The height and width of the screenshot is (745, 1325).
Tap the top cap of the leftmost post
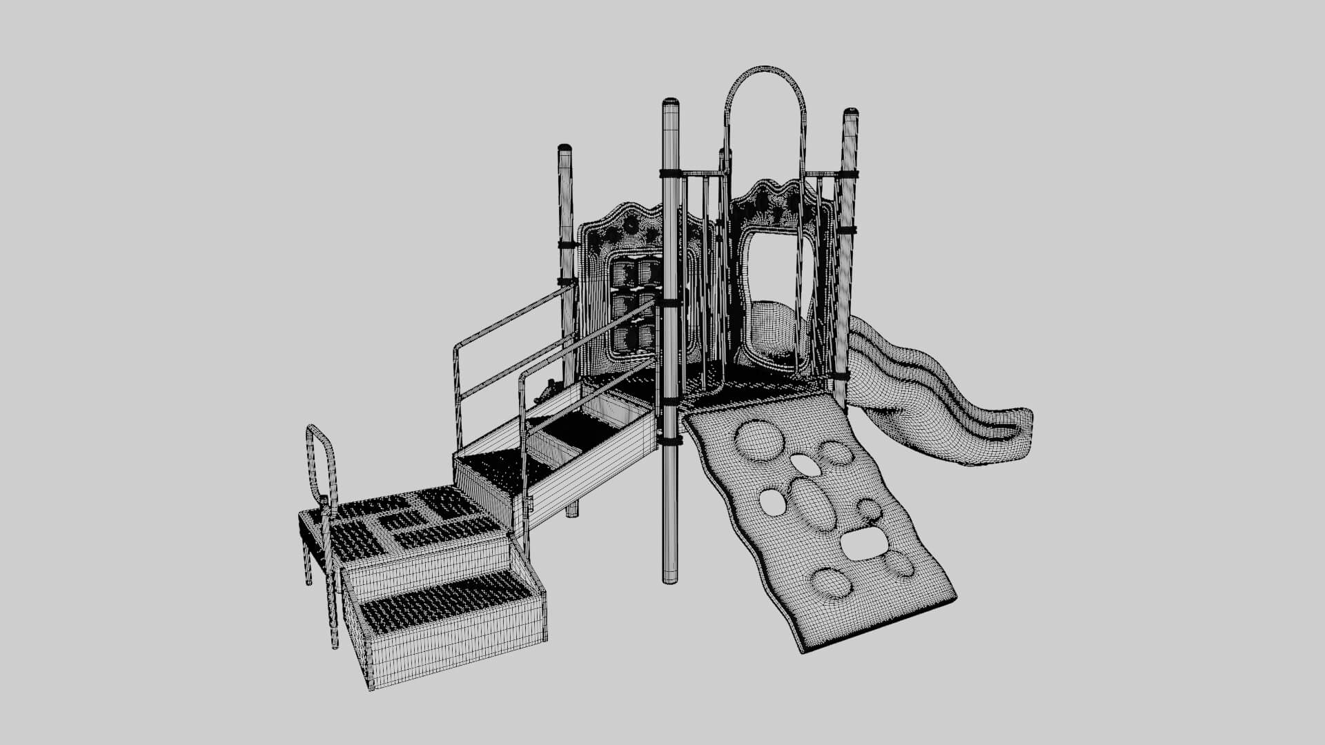(565, 148)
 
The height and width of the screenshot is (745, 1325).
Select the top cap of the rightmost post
(850, 112)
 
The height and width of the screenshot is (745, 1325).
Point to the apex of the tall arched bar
(764, 68)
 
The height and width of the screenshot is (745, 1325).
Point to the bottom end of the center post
(670, 579)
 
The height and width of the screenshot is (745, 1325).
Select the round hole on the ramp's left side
(772, 501)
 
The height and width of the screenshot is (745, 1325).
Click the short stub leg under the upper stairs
(571, 510)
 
